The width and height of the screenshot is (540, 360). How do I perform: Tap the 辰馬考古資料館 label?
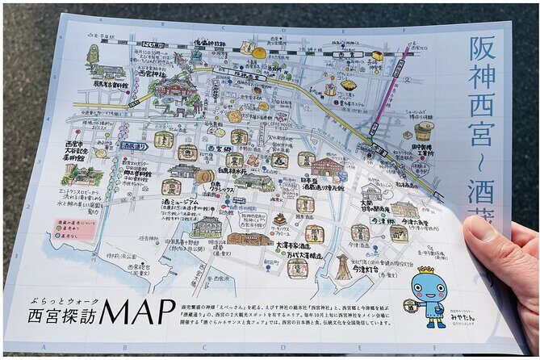click(x=111, y=83)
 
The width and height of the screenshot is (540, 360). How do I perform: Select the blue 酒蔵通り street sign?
click(x=132, y=146)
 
